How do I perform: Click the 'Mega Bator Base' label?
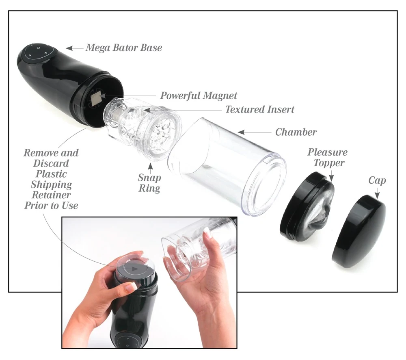pos(124,48)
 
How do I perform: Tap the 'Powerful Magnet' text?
pos(199,96)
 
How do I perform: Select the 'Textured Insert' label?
pos(260,109)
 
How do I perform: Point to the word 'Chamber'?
pos(296,132)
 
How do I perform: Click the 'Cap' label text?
pos(377,180)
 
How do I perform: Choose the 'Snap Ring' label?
pos(149,183)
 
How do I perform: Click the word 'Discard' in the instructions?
pos(51,163)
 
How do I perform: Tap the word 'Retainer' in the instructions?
pos(51,195)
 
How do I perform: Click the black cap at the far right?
pos(359,232)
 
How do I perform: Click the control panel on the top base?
pos(39,53)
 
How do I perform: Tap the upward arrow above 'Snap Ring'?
pos(151,167)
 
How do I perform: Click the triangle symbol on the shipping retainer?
pos(134,269)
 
